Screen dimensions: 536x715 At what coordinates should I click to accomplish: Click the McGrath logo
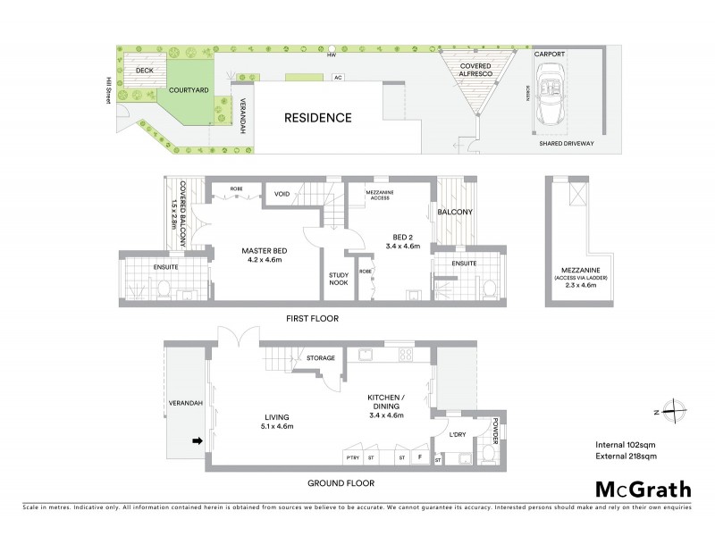point(643,489)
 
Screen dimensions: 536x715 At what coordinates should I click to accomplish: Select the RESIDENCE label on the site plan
point(317,118)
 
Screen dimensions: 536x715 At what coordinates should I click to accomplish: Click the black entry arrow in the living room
point(197,440)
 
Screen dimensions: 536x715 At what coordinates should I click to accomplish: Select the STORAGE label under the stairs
point(320,358)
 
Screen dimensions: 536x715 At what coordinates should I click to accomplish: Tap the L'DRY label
point(458,434)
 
